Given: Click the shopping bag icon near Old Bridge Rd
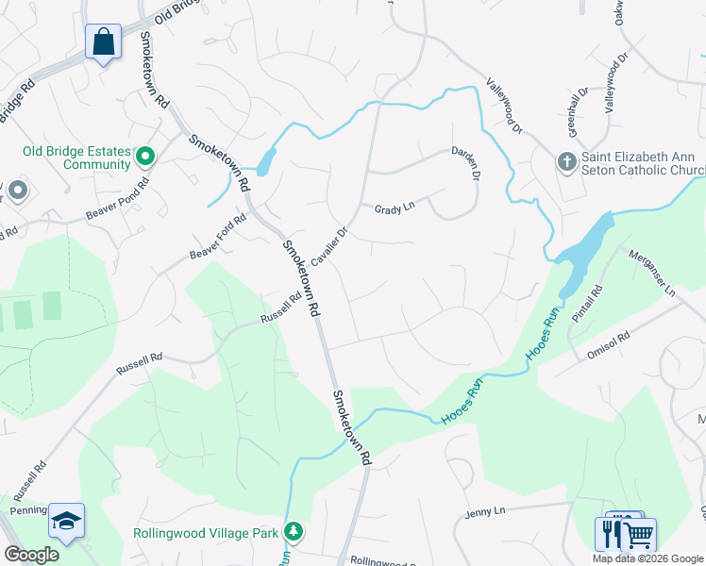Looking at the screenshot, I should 103,42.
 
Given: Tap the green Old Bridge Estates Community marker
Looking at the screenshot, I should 145,155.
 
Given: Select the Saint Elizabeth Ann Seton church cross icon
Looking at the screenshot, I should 566,161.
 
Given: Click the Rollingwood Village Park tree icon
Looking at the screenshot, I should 294,532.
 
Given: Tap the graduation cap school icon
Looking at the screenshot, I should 67,521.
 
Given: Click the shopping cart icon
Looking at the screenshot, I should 639,536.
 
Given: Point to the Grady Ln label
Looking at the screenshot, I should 395,208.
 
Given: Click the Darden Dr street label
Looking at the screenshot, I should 465,163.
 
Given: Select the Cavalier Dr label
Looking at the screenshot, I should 330,244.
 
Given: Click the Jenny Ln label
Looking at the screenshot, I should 486,512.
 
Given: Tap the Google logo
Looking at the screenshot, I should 31,555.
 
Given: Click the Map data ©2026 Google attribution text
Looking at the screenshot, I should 647,558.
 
